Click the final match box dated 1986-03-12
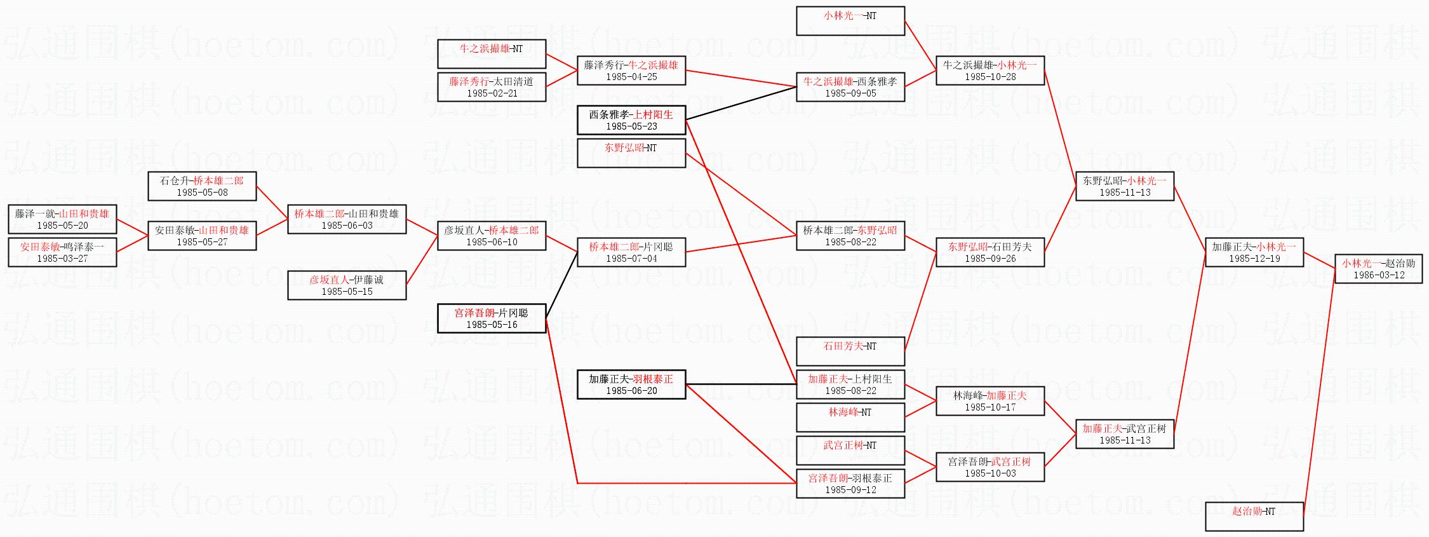(x=1378, y=269)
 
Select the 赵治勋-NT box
(x=1254, y=516)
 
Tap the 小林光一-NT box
(x=850, y=20)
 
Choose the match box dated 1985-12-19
(x=1254, y=252)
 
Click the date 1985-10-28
(x=990, y=77)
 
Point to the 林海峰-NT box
(x=850, y=417)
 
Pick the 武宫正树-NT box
(x=850, y=450)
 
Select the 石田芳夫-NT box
(x=850, y=351)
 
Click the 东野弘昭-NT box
(x=631, y=153)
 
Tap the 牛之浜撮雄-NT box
(x=492, y=53)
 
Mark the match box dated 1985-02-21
(x=492, y=87)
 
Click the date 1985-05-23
(x=631, y=126)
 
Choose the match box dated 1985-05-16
(x=492, y=318)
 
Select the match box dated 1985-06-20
(x=631, y=384)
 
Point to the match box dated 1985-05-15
(x=347, y=285)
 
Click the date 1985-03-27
(x=62, y=259)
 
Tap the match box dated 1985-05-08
(x=202, y=186)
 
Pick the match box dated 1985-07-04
(x=631, y=252)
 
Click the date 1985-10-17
(x=990, y=407)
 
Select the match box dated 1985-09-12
(x=850, y=484)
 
